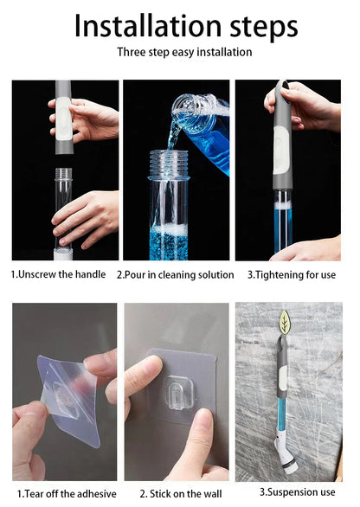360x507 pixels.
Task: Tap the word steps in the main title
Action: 259,26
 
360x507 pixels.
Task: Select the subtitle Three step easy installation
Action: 184,52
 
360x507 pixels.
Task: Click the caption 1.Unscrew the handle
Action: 59,274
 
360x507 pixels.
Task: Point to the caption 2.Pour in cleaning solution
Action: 176,274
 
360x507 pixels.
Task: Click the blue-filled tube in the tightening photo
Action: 283,221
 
